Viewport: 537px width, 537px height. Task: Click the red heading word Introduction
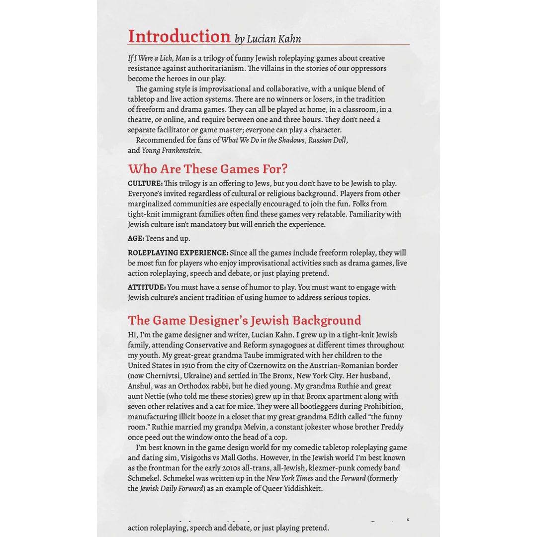coord(179,36)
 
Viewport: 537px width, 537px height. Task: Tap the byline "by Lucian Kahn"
coord(268,39)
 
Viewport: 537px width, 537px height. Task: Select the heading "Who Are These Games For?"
coord(207,169)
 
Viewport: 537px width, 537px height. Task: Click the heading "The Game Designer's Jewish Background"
coord(244,320)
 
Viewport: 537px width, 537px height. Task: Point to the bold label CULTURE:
coord(145,183)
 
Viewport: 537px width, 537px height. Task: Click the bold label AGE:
coord(136,239)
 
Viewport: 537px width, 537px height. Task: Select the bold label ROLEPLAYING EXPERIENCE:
coord(178,253)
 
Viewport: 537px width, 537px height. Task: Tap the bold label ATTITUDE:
coord(147,287)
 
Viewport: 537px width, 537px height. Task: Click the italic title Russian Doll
coord(327,140)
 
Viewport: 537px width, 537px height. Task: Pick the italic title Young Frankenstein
coord(171,151)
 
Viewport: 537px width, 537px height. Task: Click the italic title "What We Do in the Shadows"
coord(263,140)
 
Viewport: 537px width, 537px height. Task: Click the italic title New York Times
coord(289,478)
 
